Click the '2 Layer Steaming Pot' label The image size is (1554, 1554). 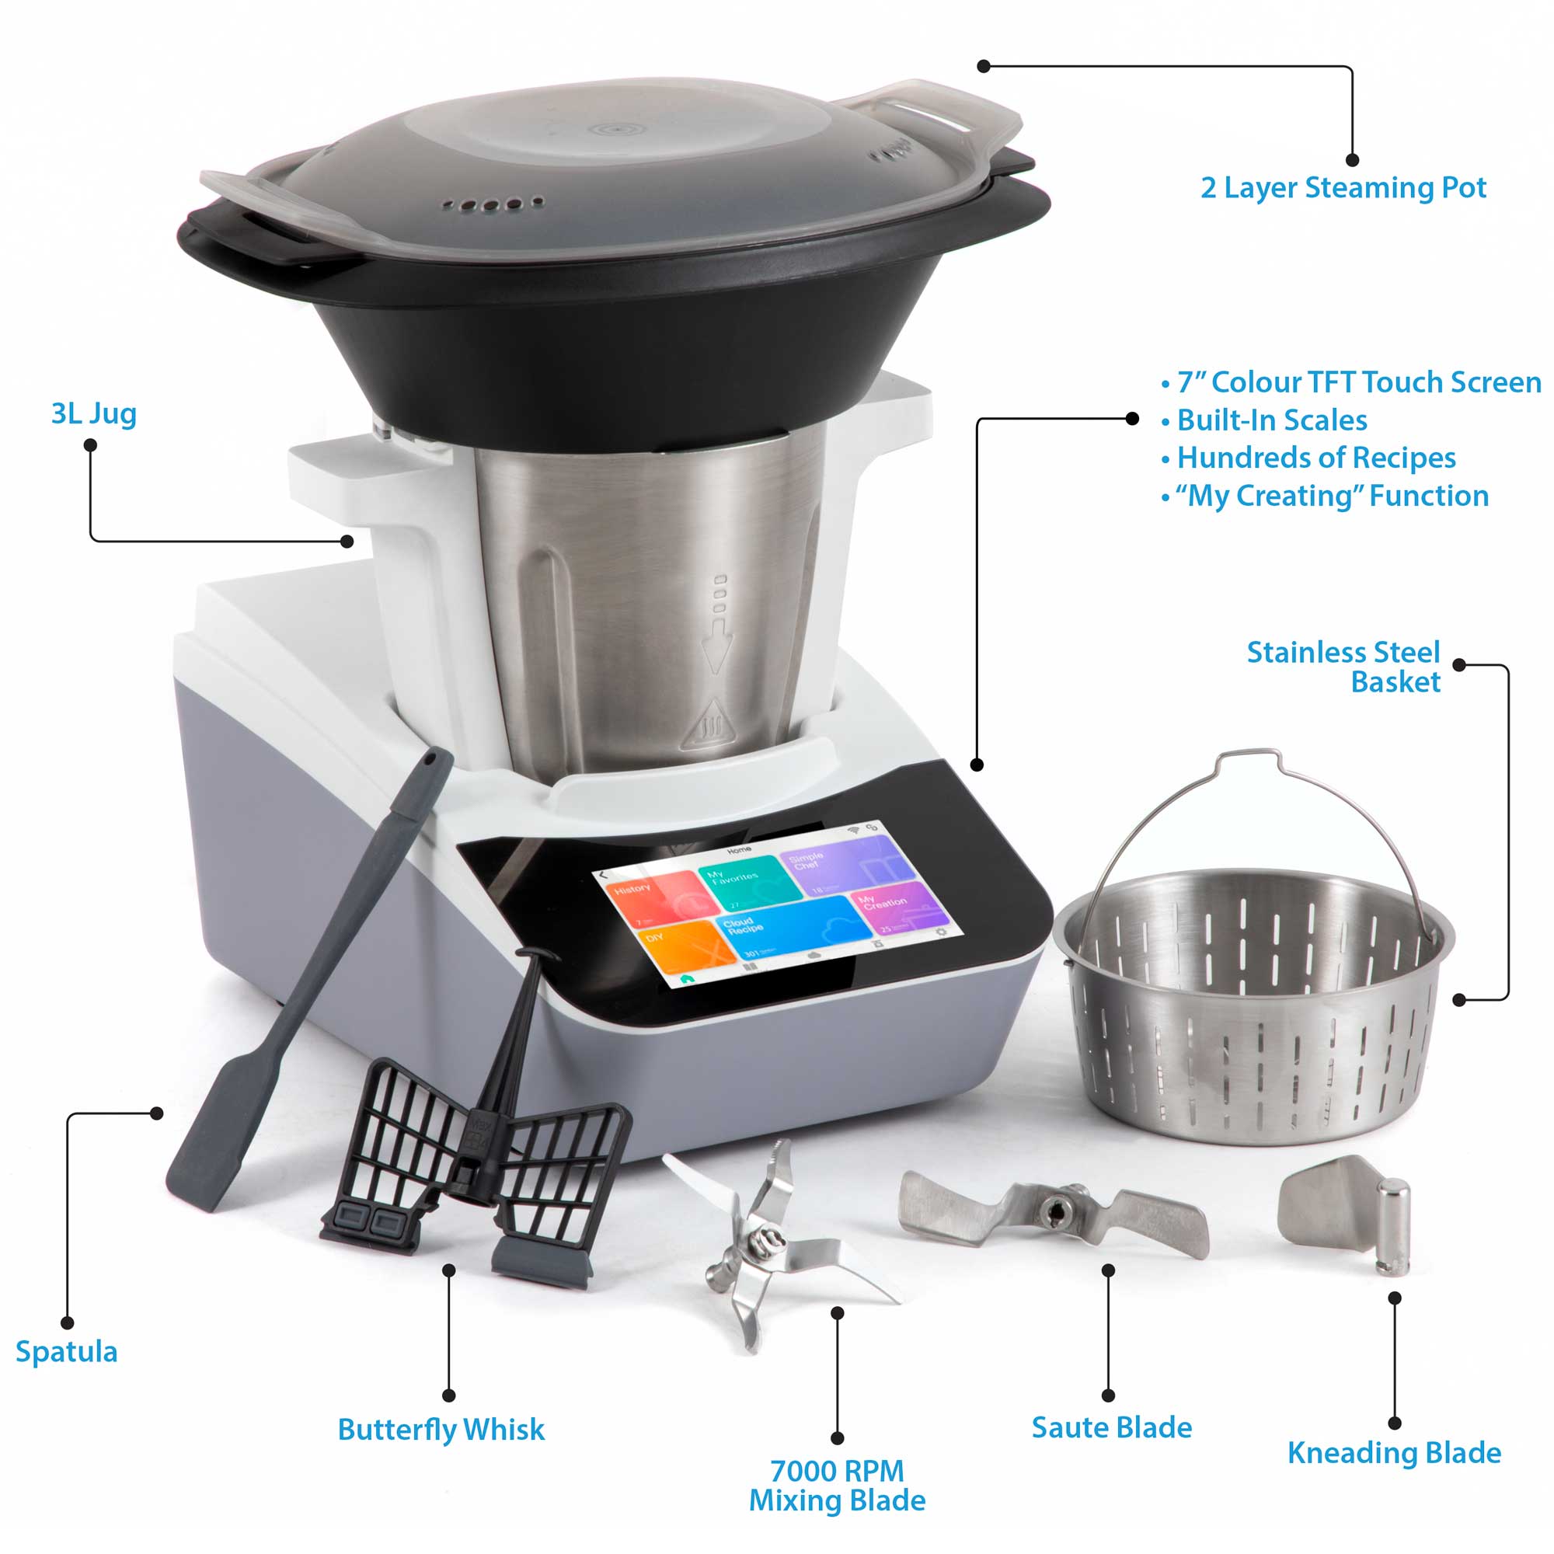1343,187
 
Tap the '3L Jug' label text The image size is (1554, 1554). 93,413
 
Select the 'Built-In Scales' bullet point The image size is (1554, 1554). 1271,420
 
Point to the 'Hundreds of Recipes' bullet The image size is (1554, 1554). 1315,458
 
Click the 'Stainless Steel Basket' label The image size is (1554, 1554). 1343,667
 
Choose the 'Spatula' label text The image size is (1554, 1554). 67,1352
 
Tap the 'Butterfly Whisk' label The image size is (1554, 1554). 441,1430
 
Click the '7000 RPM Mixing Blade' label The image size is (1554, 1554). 837,1486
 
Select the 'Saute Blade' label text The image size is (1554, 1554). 1112,1427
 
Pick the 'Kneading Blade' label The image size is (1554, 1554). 1394,1453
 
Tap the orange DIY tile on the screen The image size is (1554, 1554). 684,949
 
